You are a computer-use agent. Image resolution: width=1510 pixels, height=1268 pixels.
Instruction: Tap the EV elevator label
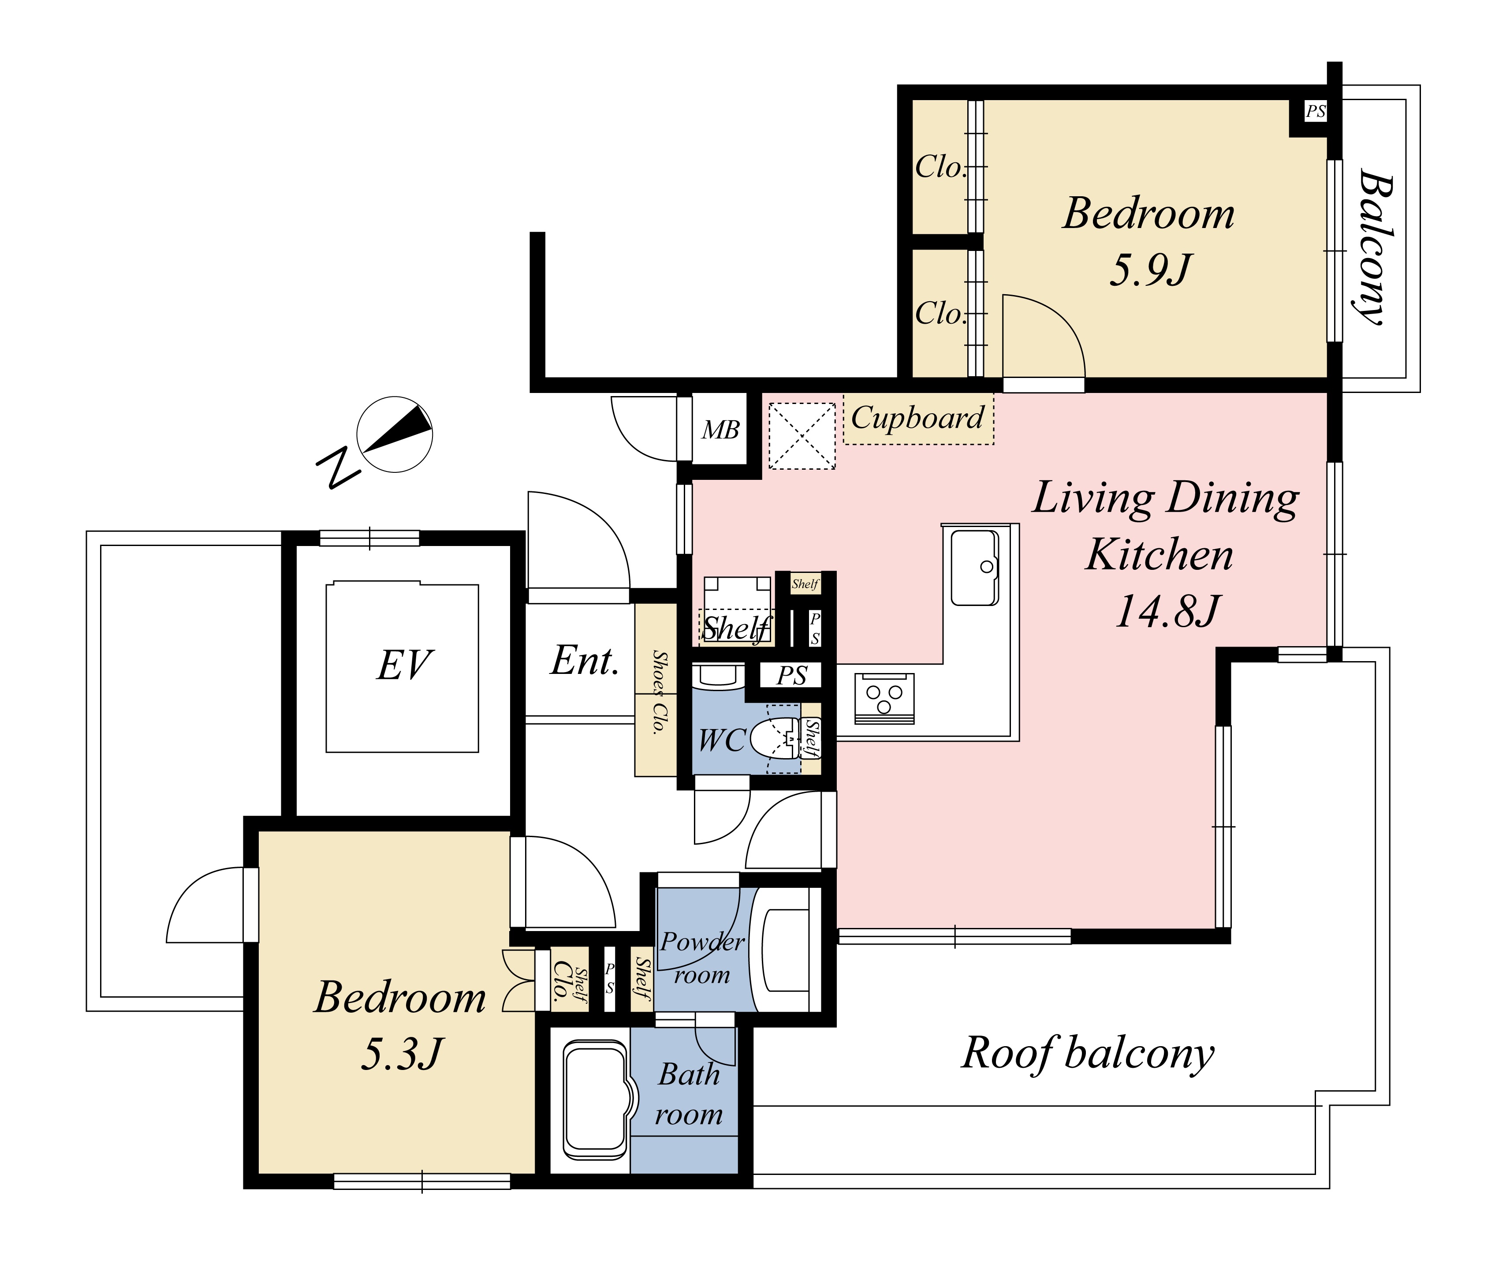pos(404,665)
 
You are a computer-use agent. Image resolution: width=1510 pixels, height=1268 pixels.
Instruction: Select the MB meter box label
pos(720,430)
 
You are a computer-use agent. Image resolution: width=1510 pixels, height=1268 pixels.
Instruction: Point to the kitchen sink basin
pos(975,568)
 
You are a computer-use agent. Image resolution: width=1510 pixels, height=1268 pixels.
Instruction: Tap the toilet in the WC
pos(776,738)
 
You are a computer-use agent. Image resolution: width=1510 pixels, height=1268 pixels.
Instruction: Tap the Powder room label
pos(702,958)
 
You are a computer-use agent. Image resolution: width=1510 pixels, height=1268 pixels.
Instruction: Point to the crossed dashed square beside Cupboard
pos(802,436)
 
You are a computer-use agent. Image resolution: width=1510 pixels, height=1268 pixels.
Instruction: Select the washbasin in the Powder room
pos(785,950)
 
